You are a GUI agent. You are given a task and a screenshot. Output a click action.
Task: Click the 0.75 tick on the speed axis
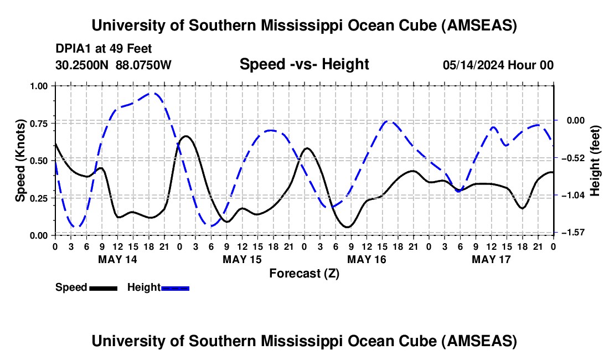coord(42,124)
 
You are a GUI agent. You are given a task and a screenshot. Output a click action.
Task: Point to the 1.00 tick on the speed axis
coord(42,86)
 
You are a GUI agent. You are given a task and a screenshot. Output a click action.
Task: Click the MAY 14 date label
coord(117,259)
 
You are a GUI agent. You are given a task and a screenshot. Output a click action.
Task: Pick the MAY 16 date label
coord(367,259)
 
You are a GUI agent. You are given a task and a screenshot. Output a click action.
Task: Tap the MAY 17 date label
coord(491,259)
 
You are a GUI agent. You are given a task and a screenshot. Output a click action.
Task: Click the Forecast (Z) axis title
coord(304,273)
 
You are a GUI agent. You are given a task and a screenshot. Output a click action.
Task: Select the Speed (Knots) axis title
coord(21,161)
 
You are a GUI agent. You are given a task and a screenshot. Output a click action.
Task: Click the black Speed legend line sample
coord(103,287)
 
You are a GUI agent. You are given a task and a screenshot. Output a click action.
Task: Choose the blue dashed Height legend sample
coord(175,287)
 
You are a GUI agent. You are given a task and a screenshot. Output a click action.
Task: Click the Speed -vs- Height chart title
coord(304,64)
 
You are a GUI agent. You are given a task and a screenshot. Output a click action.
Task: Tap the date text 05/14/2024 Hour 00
coord(498,65)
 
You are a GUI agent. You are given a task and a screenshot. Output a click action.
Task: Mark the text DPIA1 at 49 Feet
coord(104,49)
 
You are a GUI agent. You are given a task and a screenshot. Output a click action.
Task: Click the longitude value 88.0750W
coord(144,65)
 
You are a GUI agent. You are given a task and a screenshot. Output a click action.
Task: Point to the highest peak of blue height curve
coord(154,93)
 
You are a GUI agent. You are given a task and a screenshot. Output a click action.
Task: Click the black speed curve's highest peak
coord(186,136)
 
